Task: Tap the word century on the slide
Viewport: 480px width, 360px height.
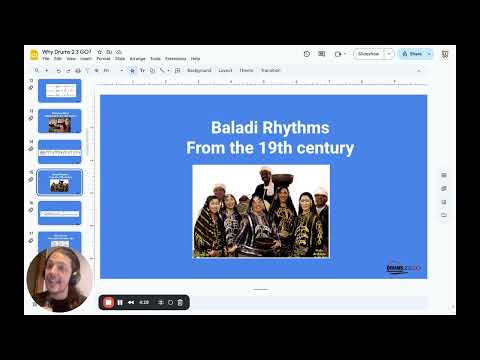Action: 324,148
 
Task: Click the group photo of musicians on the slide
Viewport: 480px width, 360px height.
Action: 261,211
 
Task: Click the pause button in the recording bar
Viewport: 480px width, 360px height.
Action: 119,302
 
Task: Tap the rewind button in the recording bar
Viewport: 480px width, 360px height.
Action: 131,302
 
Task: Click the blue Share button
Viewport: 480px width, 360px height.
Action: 411,54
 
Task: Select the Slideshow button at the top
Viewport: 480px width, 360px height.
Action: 369,54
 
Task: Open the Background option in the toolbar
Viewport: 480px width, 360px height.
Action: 199,71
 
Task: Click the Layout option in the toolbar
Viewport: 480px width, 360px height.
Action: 225,71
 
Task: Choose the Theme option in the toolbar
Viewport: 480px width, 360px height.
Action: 246,71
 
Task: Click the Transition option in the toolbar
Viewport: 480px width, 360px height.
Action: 271,71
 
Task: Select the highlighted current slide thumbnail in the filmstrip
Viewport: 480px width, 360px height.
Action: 60,182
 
